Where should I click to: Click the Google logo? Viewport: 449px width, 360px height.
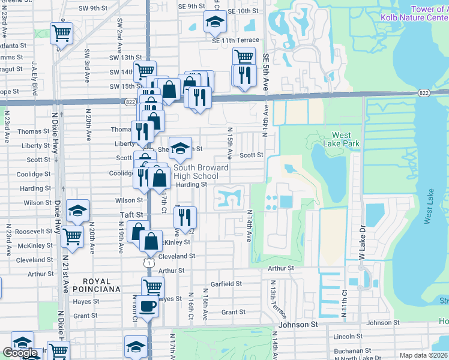(x=20, y=353)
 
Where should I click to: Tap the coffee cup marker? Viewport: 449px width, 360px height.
(x=147, y=307)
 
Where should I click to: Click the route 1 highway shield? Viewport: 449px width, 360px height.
(x=149, y=263)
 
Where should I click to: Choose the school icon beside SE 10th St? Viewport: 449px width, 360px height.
(x=214, y=21)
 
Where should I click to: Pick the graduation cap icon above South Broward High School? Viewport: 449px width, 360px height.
(x=179, y=147)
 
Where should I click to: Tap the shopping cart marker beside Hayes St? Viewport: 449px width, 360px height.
(x=152, y=287)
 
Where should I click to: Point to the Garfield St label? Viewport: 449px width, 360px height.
(x=226, y=284)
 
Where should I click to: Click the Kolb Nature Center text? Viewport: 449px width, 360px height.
(x=414, y=17)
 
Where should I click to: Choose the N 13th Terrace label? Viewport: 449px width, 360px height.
(x=274, y=299)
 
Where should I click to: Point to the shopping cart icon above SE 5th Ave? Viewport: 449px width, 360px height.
(x=244, y=58)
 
